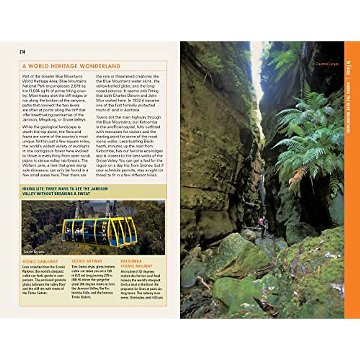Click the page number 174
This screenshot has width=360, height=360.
click(22, 52)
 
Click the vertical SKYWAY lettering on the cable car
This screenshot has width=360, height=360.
click(104, 229)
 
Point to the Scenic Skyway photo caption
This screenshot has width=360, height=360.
click(34, 252)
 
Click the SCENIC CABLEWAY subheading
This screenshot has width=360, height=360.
click(40, 262)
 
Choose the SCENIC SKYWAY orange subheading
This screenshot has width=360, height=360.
click(87, 261)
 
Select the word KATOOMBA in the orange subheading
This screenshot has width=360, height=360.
click(131, 261)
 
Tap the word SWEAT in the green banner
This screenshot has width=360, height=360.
click(84, 194)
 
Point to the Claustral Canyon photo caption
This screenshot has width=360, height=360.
click(327, 64)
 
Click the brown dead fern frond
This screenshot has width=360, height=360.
click(297, 177)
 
